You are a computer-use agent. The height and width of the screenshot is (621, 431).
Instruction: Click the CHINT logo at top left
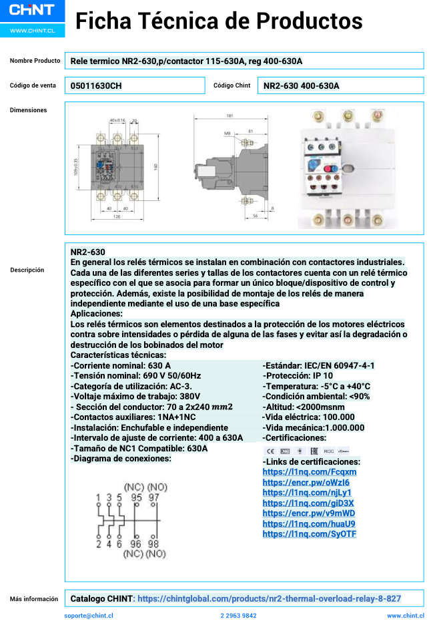tap(32, 11)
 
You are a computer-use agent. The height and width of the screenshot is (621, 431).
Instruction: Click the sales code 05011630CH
tap(96, 85)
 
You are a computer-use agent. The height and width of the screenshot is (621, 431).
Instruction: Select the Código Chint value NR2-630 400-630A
tap(302, 85)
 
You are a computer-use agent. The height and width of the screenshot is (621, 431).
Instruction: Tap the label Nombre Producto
tap(35, 61)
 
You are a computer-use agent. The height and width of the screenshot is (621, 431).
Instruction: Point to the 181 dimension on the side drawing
tap(230, 116)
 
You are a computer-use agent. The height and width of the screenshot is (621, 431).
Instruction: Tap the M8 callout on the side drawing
tap(227, 134)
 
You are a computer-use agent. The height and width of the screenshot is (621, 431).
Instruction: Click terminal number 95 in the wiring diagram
tap(136, 497)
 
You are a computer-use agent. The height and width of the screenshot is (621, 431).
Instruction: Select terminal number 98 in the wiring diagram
tap(153, 544)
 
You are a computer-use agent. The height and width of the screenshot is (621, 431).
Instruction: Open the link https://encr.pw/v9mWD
tap(309, 513)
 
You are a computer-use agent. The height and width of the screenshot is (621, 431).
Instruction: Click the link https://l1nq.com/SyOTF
tap(310, 534)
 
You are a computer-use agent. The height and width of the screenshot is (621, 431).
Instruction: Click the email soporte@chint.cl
tap(89, 616)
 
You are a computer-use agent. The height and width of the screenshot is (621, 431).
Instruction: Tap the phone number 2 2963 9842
tap(238, 616)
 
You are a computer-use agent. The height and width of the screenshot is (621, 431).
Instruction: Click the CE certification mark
tap(270, 451)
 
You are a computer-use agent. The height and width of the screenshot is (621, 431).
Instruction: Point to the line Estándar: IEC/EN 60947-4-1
tap(318, 365)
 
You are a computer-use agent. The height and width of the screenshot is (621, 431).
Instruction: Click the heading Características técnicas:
tap(118, 355)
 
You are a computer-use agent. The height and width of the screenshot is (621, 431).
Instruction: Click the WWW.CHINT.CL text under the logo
tap(32, 31)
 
